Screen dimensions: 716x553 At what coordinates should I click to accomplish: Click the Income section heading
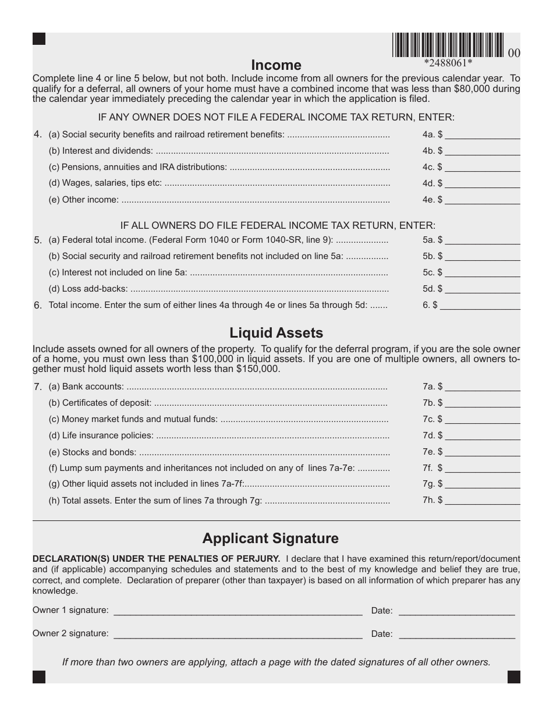276,65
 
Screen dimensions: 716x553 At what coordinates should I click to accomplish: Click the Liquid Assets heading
276,333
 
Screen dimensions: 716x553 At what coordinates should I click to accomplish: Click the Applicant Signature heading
270,538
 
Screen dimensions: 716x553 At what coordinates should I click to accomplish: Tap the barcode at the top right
448,45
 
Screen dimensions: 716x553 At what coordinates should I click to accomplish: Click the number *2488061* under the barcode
448,63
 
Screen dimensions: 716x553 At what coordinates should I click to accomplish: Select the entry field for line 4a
483,135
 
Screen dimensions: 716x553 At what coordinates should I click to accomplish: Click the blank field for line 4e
483,200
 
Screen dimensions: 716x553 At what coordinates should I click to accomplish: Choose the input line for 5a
483,240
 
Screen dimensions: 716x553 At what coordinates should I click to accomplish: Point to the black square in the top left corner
39,39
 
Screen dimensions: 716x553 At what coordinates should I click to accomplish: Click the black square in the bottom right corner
514,676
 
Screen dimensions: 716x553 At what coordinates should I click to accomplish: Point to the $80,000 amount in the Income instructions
471,89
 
